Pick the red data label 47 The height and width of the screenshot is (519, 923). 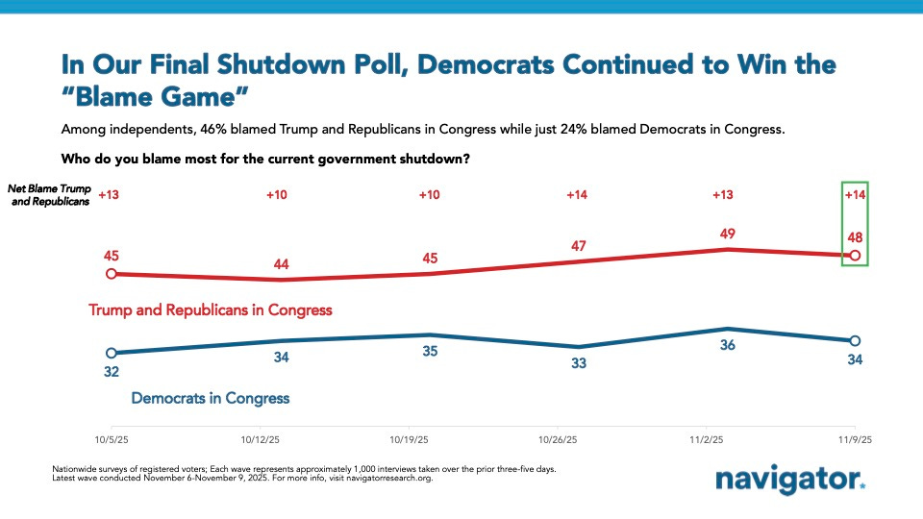[579, 245]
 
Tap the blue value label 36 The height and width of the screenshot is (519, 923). [728, 345]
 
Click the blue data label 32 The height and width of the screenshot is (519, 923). [112, 371]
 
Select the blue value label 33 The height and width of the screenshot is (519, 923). [579, 363]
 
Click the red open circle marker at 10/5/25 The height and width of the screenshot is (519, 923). [112, 274]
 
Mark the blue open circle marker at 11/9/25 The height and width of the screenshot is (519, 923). [855, 341]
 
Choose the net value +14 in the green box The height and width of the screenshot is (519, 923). [855, 195]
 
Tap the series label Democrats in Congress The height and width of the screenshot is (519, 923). [210, 397]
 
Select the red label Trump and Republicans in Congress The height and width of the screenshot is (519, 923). [211, 310]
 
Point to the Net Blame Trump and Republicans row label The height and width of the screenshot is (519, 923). [49, 196]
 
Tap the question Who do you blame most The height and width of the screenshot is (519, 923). [265, 159]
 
